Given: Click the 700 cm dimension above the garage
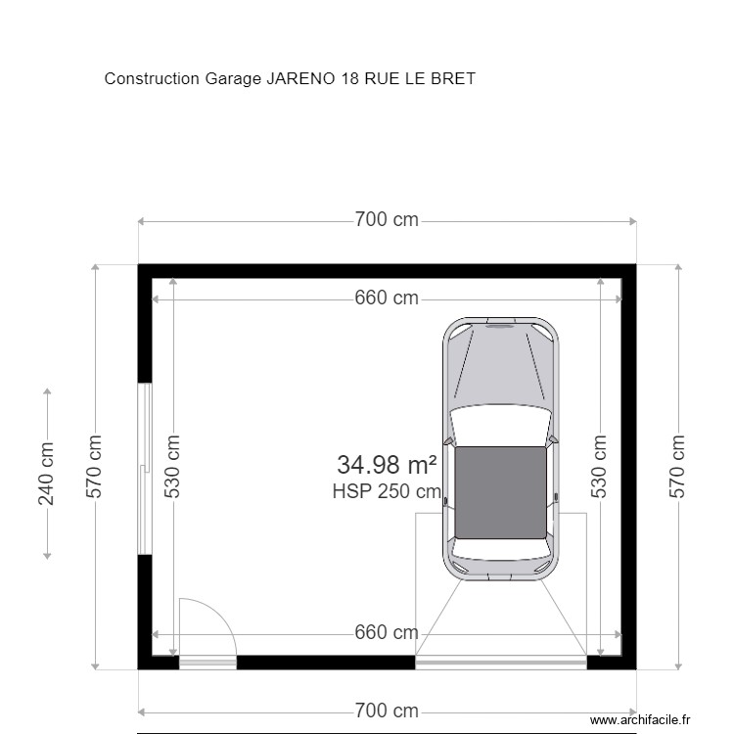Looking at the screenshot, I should coord(386,220).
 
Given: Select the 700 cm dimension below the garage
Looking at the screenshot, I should coord(386,711).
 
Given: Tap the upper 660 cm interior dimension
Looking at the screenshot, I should coord(386,298).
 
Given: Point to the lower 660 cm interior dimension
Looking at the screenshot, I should coord(386,633).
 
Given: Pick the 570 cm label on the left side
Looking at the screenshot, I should coord(95,467).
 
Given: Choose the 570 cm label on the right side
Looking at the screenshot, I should coord(677,467).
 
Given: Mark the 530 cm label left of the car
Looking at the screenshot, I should coord(173,467).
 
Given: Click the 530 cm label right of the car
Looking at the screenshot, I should coord(600,467).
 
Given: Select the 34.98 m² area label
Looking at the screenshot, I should coord(387,465).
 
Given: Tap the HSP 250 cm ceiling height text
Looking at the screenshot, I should coord(387,492).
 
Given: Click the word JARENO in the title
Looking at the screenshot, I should coord(301,79).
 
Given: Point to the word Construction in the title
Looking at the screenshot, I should coord(152,79).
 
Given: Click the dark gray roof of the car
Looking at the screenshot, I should coord(500,492).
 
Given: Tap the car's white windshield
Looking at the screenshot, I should coord(500,424).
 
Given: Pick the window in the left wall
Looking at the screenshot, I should coord(145,468).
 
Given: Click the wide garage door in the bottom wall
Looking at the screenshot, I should coord(500,663).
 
